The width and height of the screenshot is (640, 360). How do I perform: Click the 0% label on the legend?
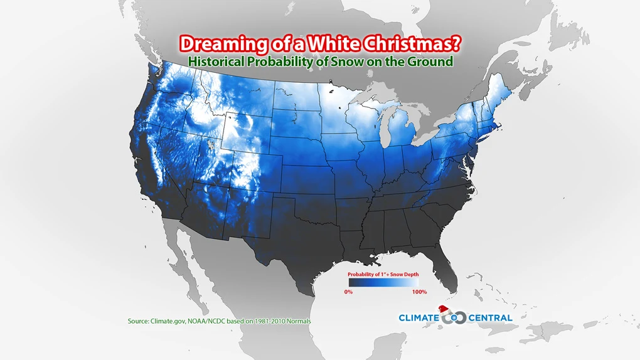point(348,292)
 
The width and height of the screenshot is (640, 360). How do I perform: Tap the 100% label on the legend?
point(419,292)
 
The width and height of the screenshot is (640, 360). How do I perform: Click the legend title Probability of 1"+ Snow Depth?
point(383,275)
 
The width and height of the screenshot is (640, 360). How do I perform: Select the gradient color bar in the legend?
point(383,283)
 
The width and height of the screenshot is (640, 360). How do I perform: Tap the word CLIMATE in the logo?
point(419,318)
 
